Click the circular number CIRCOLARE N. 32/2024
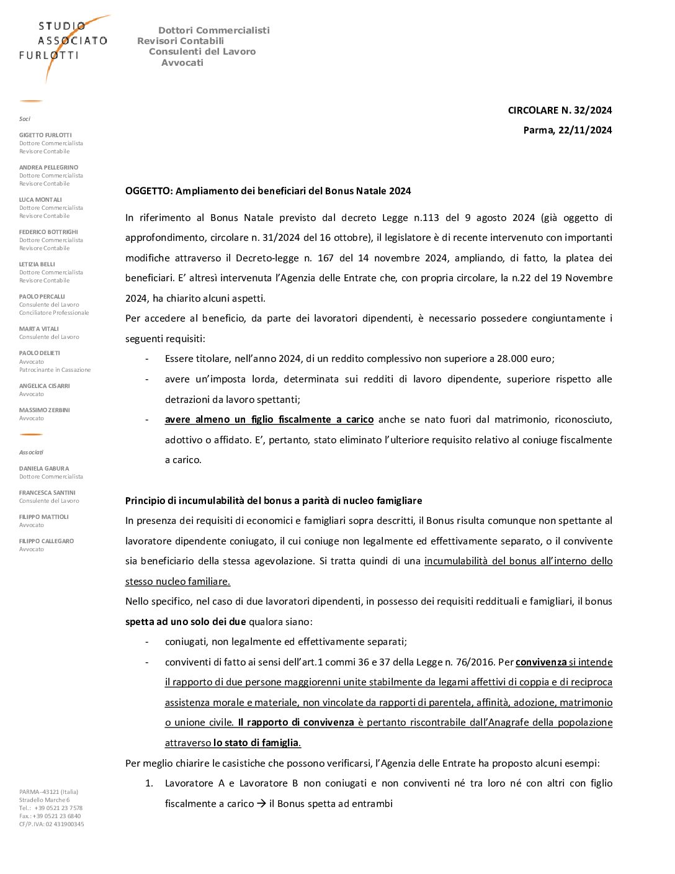tap(559, 110)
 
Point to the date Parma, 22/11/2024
tap(567, 130)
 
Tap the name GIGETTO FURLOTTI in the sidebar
tap(45, 135)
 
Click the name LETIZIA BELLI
tap(37, 264)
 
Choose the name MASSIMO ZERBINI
tap(45, 410)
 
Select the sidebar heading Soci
tap(25, 119)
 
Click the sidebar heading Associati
tap(32, 453)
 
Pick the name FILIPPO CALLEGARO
tap(47, 541)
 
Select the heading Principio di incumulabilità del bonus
tap(273, 501)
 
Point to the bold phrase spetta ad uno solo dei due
tap(186, 622)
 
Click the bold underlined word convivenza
tap(541, 662)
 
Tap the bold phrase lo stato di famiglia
tap(256, 743)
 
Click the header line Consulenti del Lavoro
tap(202, 52)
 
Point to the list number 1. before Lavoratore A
tap(149, 783)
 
